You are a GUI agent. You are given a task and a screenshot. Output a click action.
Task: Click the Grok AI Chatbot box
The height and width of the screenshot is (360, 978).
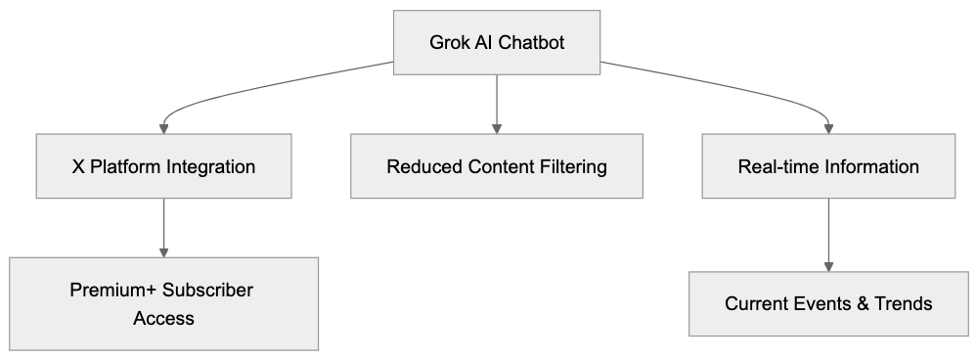pyautogui.click(x=497, y=43)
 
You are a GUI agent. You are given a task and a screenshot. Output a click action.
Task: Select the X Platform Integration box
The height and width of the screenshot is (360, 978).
pyautogui.click(x=163, y=166)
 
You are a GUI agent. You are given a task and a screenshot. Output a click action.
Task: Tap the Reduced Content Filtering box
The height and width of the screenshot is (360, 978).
pyautogui.click(x=497, y=166)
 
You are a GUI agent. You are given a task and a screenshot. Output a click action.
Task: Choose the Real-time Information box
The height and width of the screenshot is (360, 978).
pyautogui.click(x=828, y=166)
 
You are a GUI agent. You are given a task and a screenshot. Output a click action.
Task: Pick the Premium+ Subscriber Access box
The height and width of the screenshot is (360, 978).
pyautogui.click(x=163, y=304)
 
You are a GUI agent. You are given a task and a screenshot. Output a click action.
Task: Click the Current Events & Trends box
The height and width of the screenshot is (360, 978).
pyautogui.click(x=828, y=304)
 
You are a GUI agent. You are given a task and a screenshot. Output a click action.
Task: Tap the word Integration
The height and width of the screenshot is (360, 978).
pyautogui.click(x=210, y=167)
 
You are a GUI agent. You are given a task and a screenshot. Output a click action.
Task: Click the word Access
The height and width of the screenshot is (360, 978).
pyautogui.click(x=163, y=318)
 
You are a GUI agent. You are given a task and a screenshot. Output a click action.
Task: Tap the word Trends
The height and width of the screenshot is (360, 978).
pyautogui.click(x=903, y=304)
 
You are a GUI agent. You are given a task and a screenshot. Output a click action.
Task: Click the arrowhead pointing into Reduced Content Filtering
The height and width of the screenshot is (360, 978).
pyautogui.click(x=497, y=128)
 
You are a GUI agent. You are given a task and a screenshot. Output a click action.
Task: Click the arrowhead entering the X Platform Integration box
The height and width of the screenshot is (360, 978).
pyautogui.click(x=163, y=128)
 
